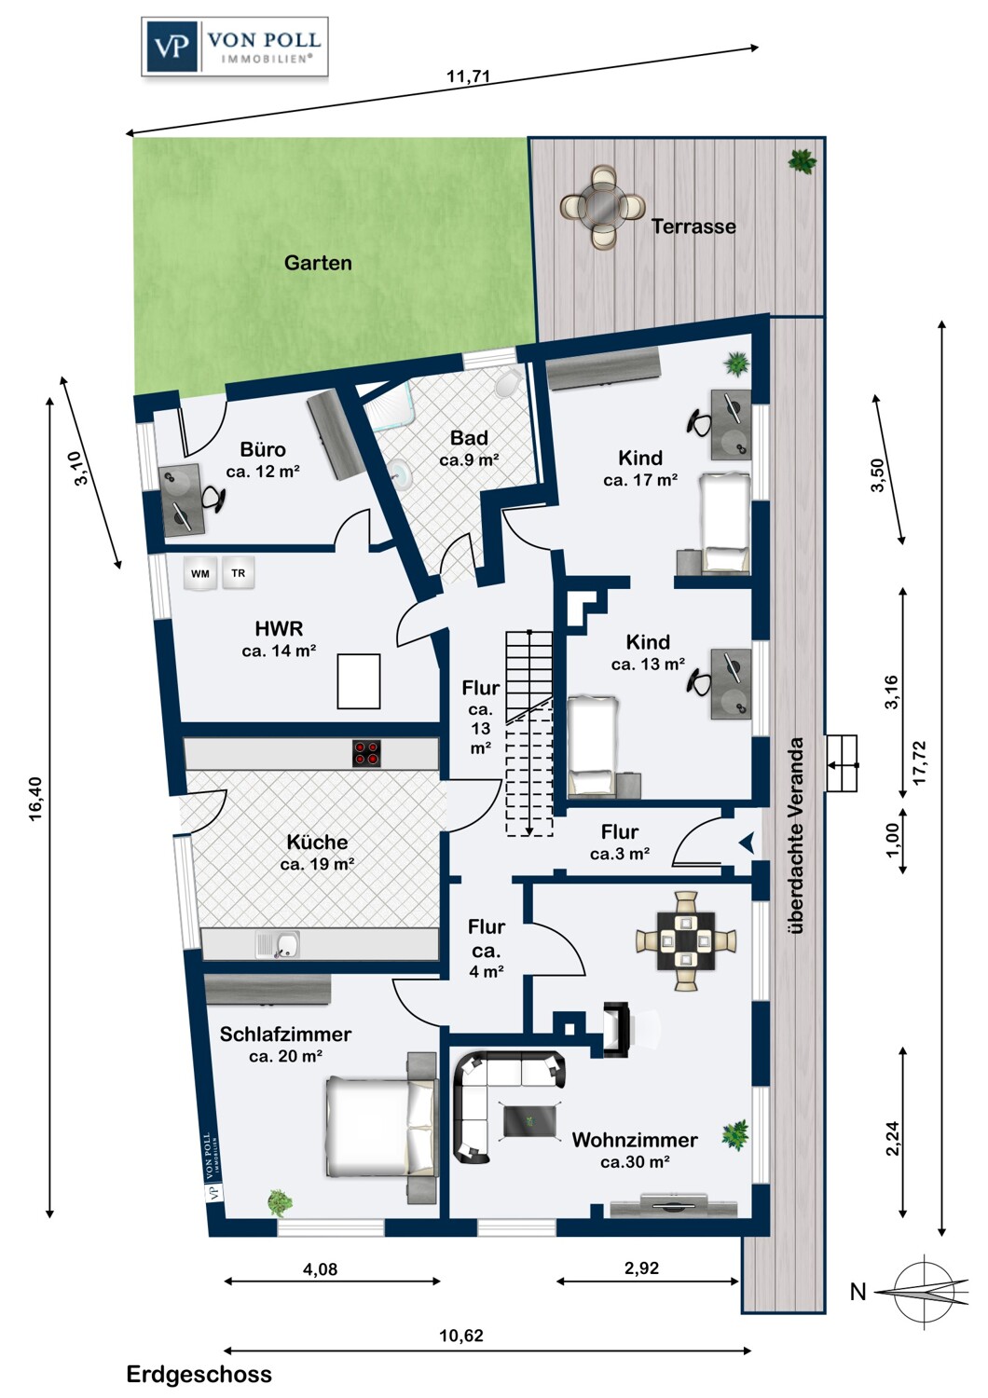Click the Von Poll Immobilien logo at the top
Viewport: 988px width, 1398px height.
click(235, 47)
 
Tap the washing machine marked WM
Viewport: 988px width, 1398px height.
click(200, 574)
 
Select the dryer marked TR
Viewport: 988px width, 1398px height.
click(239, 573)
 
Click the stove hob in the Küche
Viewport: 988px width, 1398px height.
click(367, 753)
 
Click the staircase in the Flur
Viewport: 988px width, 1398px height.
click(528, 733)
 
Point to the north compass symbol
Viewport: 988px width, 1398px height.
click(921, 1292)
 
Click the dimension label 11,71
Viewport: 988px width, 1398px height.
click(468, 76)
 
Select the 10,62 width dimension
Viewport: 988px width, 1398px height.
click(461, 1336)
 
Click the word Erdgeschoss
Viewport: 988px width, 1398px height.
click(199, 1375)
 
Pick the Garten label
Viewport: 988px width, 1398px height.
click(318, 263)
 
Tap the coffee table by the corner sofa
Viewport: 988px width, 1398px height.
click(531, 1120)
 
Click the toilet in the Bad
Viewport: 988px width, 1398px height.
click(508, 382)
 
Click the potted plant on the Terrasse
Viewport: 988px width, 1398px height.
click(802, 161)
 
